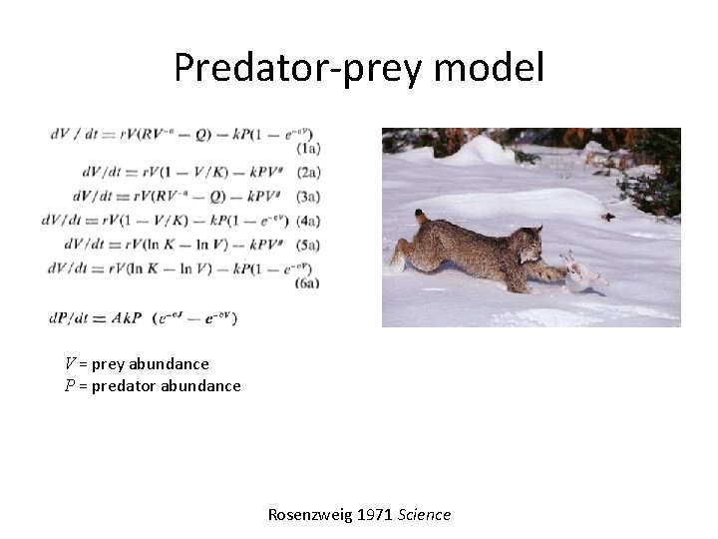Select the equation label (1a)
308,148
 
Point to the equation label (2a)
308,173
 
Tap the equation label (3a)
308,196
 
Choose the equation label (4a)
308,220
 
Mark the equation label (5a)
308,244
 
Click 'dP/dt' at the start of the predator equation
69,318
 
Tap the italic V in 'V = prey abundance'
70,364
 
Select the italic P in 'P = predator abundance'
70,385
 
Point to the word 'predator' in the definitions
125,385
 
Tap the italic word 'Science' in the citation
425,515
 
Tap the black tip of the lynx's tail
420,214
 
